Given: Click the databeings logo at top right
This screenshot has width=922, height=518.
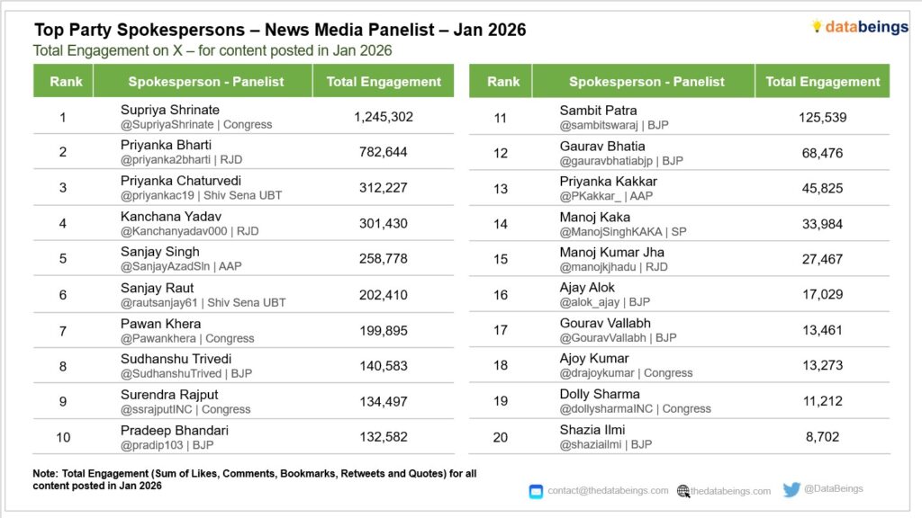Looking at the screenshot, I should [859, 27].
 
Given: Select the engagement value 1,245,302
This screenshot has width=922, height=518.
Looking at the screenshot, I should [384, 117].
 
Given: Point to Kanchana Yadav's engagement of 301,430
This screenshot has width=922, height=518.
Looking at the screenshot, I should [384, 223].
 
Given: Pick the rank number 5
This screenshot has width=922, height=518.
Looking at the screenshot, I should [63, 258].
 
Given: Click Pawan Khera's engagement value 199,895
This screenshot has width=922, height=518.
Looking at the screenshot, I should [384, 331].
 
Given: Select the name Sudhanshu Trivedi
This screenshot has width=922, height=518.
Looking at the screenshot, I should [176, 359].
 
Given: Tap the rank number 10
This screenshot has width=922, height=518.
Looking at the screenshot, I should [63, 437].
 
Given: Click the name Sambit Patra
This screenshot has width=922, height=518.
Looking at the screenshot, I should [598, 111].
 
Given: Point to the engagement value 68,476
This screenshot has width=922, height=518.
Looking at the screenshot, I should [822, 153].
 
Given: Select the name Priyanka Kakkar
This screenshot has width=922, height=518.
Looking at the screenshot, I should [609, 182].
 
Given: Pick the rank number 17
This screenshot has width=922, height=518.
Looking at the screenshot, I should [501, 330].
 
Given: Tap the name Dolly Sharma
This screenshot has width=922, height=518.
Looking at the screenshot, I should [600, 394].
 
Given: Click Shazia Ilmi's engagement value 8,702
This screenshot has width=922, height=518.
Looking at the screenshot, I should [822, 437].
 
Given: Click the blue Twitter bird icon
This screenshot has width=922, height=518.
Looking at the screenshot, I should [791, 490].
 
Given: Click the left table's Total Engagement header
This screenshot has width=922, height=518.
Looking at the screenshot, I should [384, 81].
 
